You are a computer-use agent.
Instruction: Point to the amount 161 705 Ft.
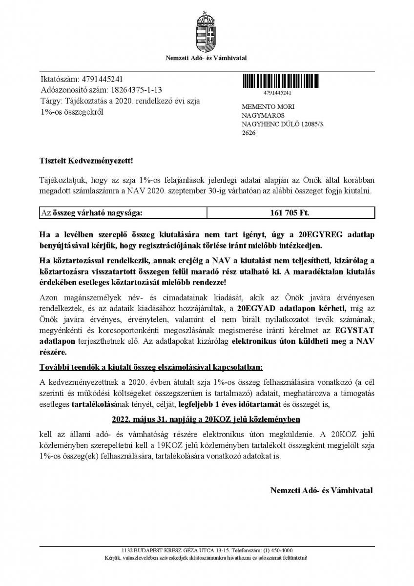pos(290,213)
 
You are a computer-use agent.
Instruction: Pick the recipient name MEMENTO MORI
pos(268,107)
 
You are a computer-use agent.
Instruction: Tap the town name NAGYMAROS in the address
pos(262,116)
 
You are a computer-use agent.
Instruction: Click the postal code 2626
pos(248,133)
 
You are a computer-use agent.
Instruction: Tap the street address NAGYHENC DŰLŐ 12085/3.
pos(283,124)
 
